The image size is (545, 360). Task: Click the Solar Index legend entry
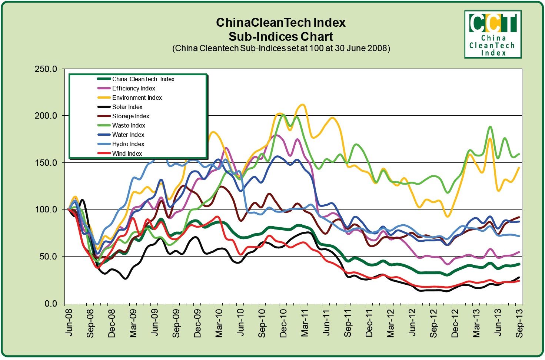click(127, 107)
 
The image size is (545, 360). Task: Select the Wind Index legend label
click(127, 153)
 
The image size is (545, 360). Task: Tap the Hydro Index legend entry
click(128, 144)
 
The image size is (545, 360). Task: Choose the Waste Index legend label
click(128, 126)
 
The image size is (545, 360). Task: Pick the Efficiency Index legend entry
click(133, 89)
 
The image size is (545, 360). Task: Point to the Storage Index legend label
click(130, 116)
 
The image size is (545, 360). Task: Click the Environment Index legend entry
click(137, 98)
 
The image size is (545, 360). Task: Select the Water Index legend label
click(128, 135)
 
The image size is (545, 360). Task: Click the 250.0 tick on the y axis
click(46, 69)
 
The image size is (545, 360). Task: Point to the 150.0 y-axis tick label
click(46, 163)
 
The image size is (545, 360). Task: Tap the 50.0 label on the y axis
click(48, 257)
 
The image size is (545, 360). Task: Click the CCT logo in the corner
click(493, 34)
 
